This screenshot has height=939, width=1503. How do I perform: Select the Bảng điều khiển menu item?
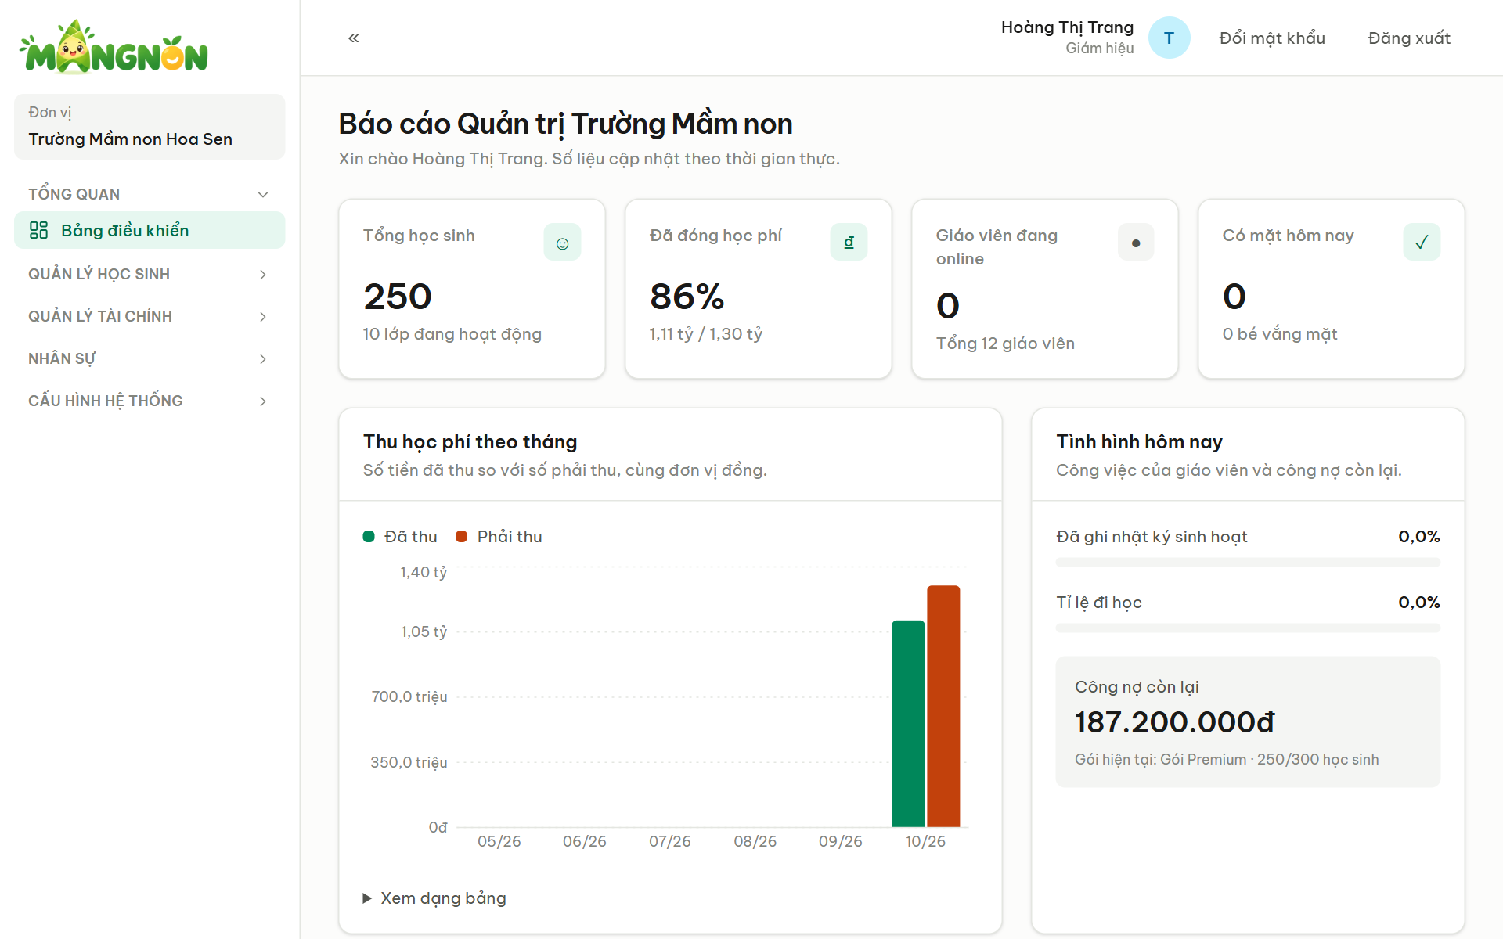tap(150, 230)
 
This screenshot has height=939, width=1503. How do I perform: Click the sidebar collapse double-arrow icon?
tap(354, 38)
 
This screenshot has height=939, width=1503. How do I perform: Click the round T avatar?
tap(1169, 38)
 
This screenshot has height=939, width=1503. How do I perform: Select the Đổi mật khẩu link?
tap(1272, 38)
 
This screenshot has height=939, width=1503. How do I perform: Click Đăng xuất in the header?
tap(1409, 38)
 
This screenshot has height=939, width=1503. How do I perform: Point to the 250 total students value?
tap(398, 297)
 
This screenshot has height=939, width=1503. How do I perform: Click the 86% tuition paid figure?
tap(687, 297)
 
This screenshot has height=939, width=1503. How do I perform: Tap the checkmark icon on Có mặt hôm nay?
tap(1422, 242)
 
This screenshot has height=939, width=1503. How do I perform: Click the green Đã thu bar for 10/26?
tap(908, 724)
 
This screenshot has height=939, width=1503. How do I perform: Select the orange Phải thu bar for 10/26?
tap(943, 706)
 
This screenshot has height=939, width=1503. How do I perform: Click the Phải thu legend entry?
tap(499, 537)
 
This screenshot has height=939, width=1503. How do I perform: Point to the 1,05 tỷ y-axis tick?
tap(424, 631)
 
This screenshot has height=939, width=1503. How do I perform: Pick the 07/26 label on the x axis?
tap(670, 841)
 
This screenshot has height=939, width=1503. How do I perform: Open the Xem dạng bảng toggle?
tap(434, 898)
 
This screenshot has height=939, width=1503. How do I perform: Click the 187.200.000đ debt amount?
tap(1175, 722)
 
